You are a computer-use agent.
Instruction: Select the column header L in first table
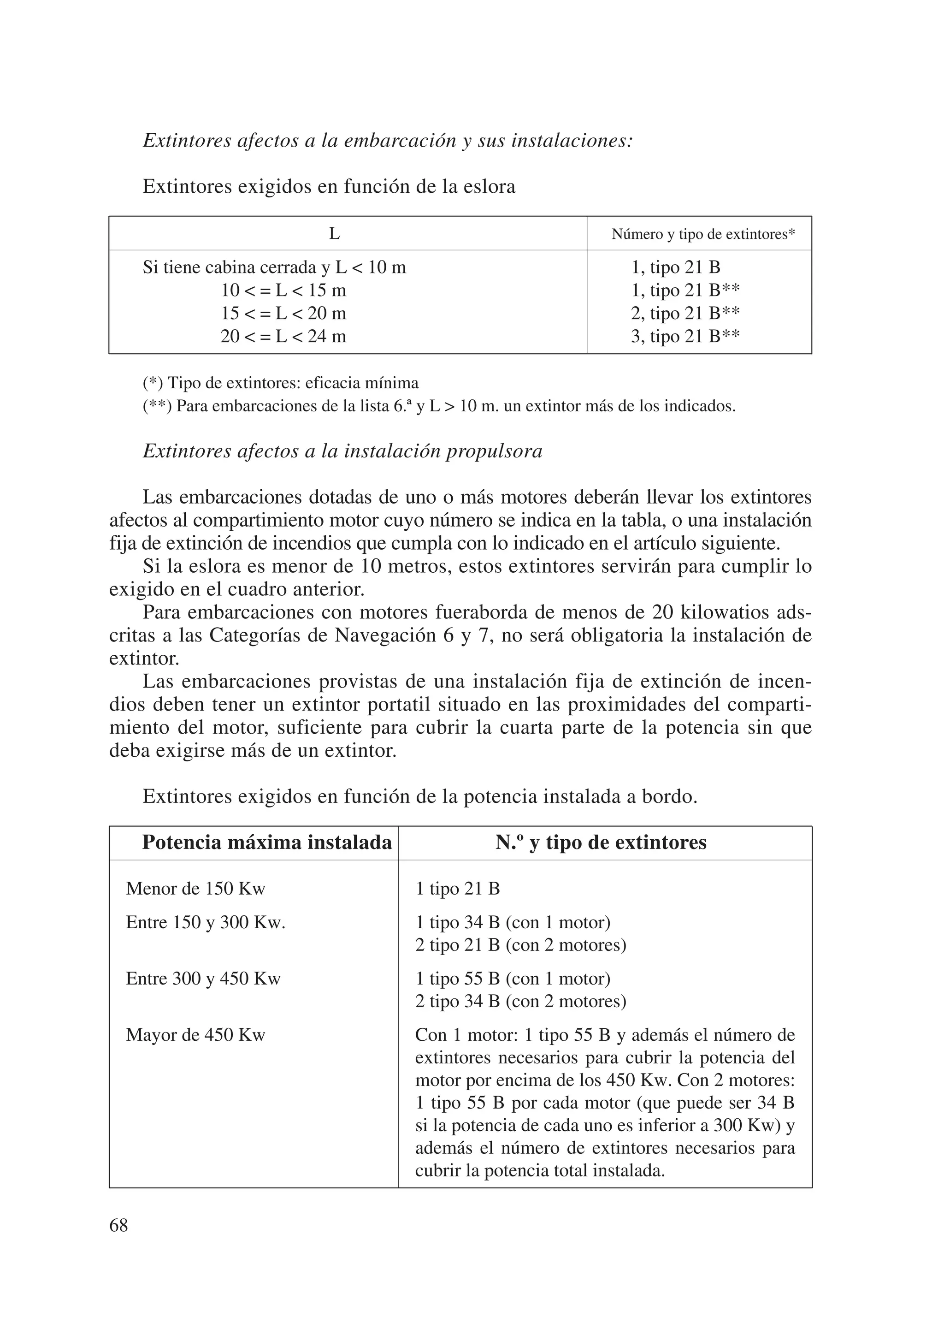click(334, 234)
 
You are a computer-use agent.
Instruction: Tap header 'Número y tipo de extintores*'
click(703, 234)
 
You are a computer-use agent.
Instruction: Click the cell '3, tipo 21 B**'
click(685, 337)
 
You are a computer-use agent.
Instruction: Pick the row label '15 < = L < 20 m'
click(283, 314)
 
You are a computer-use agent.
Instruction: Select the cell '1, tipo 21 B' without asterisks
click(675, 267)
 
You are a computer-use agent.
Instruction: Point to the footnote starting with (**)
click(439, 406)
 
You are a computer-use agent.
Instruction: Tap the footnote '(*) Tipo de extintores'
click(280, 383)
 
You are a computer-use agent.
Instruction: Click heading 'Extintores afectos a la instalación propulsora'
click(342, 451)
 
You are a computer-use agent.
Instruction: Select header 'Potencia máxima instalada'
click(267, 843)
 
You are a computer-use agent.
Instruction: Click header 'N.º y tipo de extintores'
click(601, 843)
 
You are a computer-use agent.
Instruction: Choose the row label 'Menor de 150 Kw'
click(195, 889)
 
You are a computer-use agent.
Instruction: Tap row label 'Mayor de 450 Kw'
click(195, 1035)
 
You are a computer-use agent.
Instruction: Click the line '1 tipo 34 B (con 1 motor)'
click(513, 923)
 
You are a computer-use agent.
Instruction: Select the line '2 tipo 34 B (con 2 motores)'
click(520, 1001)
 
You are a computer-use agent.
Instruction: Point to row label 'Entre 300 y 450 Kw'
click(203, 979)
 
